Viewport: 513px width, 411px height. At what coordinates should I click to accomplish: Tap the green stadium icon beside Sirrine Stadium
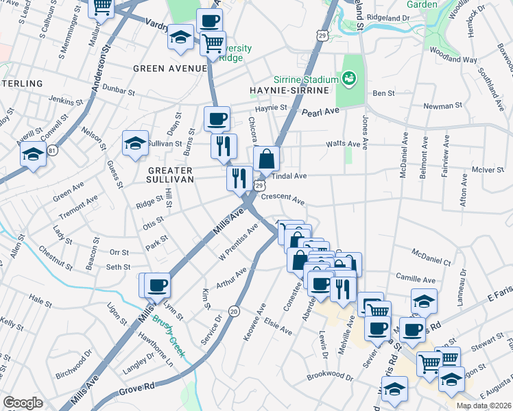click(350, 79)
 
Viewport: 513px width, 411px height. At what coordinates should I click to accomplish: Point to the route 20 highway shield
click(234, 311)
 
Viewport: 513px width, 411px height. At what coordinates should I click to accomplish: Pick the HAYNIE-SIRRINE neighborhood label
click(287, 90)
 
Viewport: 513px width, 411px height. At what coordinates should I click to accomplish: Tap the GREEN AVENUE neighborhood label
click(169, 68)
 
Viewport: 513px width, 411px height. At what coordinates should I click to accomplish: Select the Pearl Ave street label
click(321, 111)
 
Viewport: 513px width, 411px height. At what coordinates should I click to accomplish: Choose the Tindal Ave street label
click(290, 176)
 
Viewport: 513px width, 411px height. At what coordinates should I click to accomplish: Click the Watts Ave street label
click(343, 144)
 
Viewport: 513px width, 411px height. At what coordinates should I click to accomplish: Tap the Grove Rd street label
click(139, 388)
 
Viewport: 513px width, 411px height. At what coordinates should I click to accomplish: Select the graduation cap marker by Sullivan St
click(135, 142)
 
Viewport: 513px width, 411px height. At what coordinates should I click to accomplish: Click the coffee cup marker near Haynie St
click(217, 118)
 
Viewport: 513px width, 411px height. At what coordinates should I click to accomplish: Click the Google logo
click(23, 403)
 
